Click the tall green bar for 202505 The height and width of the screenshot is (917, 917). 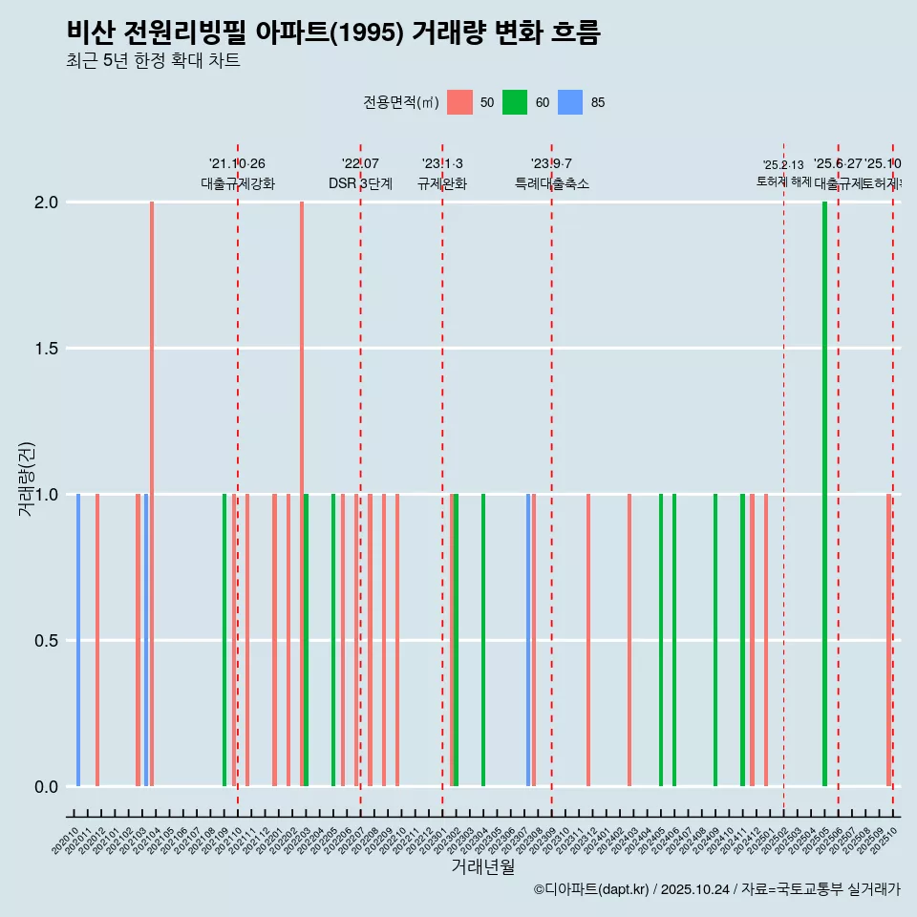point(824,494)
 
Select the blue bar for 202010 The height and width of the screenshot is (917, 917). point(78,640)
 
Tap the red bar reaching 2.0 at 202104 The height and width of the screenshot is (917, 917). point(152,494)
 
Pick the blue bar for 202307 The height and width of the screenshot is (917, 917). point(527,640)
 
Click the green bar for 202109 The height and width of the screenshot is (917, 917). point(224,640)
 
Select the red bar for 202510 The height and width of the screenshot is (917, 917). point(888,640)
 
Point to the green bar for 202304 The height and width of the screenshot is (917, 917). point(483,640)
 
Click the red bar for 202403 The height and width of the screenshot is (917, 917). point(629,640)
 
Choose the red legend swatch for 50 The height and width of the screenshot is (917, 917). point(459,102)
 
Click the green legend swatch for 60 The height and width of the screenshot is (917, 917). point(515,102)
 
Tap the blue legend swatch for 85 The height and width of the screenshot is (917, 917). point(570,102)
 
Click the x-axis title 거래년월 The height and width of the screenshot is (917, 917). point(482,867)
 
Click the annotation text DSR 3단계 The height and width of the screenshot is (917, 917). point(360,183)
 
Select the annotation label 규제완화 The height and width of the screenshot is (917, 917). point(442,183)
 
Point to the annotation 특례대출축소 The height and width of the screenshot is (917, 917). point(551,183)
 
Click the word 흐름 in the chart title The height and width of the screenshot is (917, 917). point(575,32)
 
